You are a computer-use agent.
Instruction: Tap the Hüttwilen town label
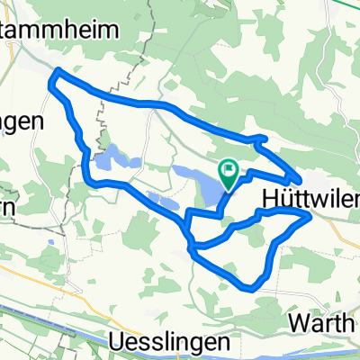[x=310, y=198]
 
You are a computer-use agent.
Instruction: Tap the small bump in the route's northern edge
[x=261, y=138]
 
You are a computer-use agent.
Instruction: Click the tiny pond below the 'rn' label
[x=51, y=242]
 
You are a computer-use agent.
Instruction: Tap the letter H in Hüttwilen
[x=268, y=198]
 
